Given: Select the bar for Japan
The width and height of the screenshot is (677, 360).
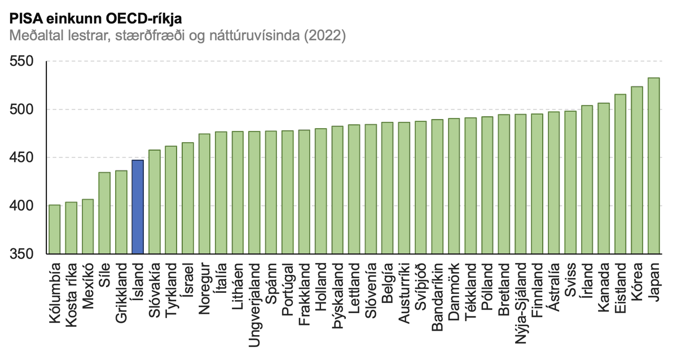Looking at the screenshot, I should click(x=653, y=166).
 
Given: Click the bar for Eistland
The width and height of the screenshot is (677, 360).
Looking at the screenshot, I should click(x=620, y=174).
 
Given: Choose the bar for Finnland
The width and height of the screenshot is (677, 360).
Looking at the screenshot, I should click(x=537, y=184).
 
